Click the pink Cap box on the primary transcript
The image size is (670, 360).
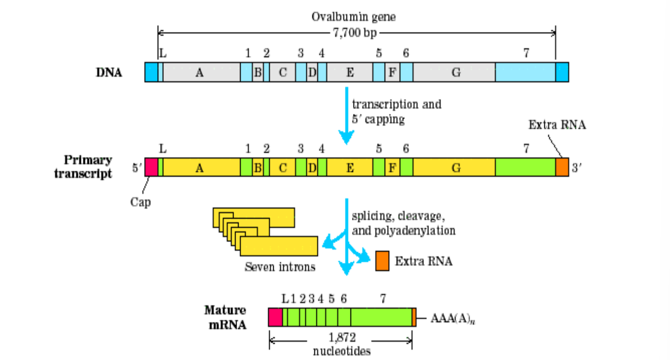coord(151,167)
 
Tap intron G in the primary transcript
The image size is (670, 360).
coord(454,167)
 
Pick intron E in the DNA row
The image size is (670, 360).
coord(349,72)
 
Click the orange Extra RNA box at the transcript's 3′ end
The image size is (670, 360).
coord(562,167)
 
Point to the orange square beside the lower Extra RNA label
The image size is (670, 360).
coord(382,261)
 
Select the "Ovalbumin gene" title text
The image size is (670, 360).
coord(354,17)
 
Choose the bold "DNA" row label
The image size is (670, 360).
coord(109,72)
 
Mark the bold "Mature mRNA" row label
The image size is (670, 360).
coord(225,317)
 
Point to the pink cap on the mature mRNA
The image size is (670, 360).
coord(275,317)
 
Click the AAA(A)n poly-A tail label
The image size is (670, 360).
coord(453,319)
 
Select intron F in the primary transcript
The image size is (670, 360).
coord(392,167)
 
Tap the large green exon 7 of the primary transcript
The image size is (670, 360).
coord(525,167)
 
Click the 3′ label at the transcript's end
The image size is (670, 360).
coord(576,168)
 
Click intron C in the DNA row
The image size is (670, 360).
coord(282,72)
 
